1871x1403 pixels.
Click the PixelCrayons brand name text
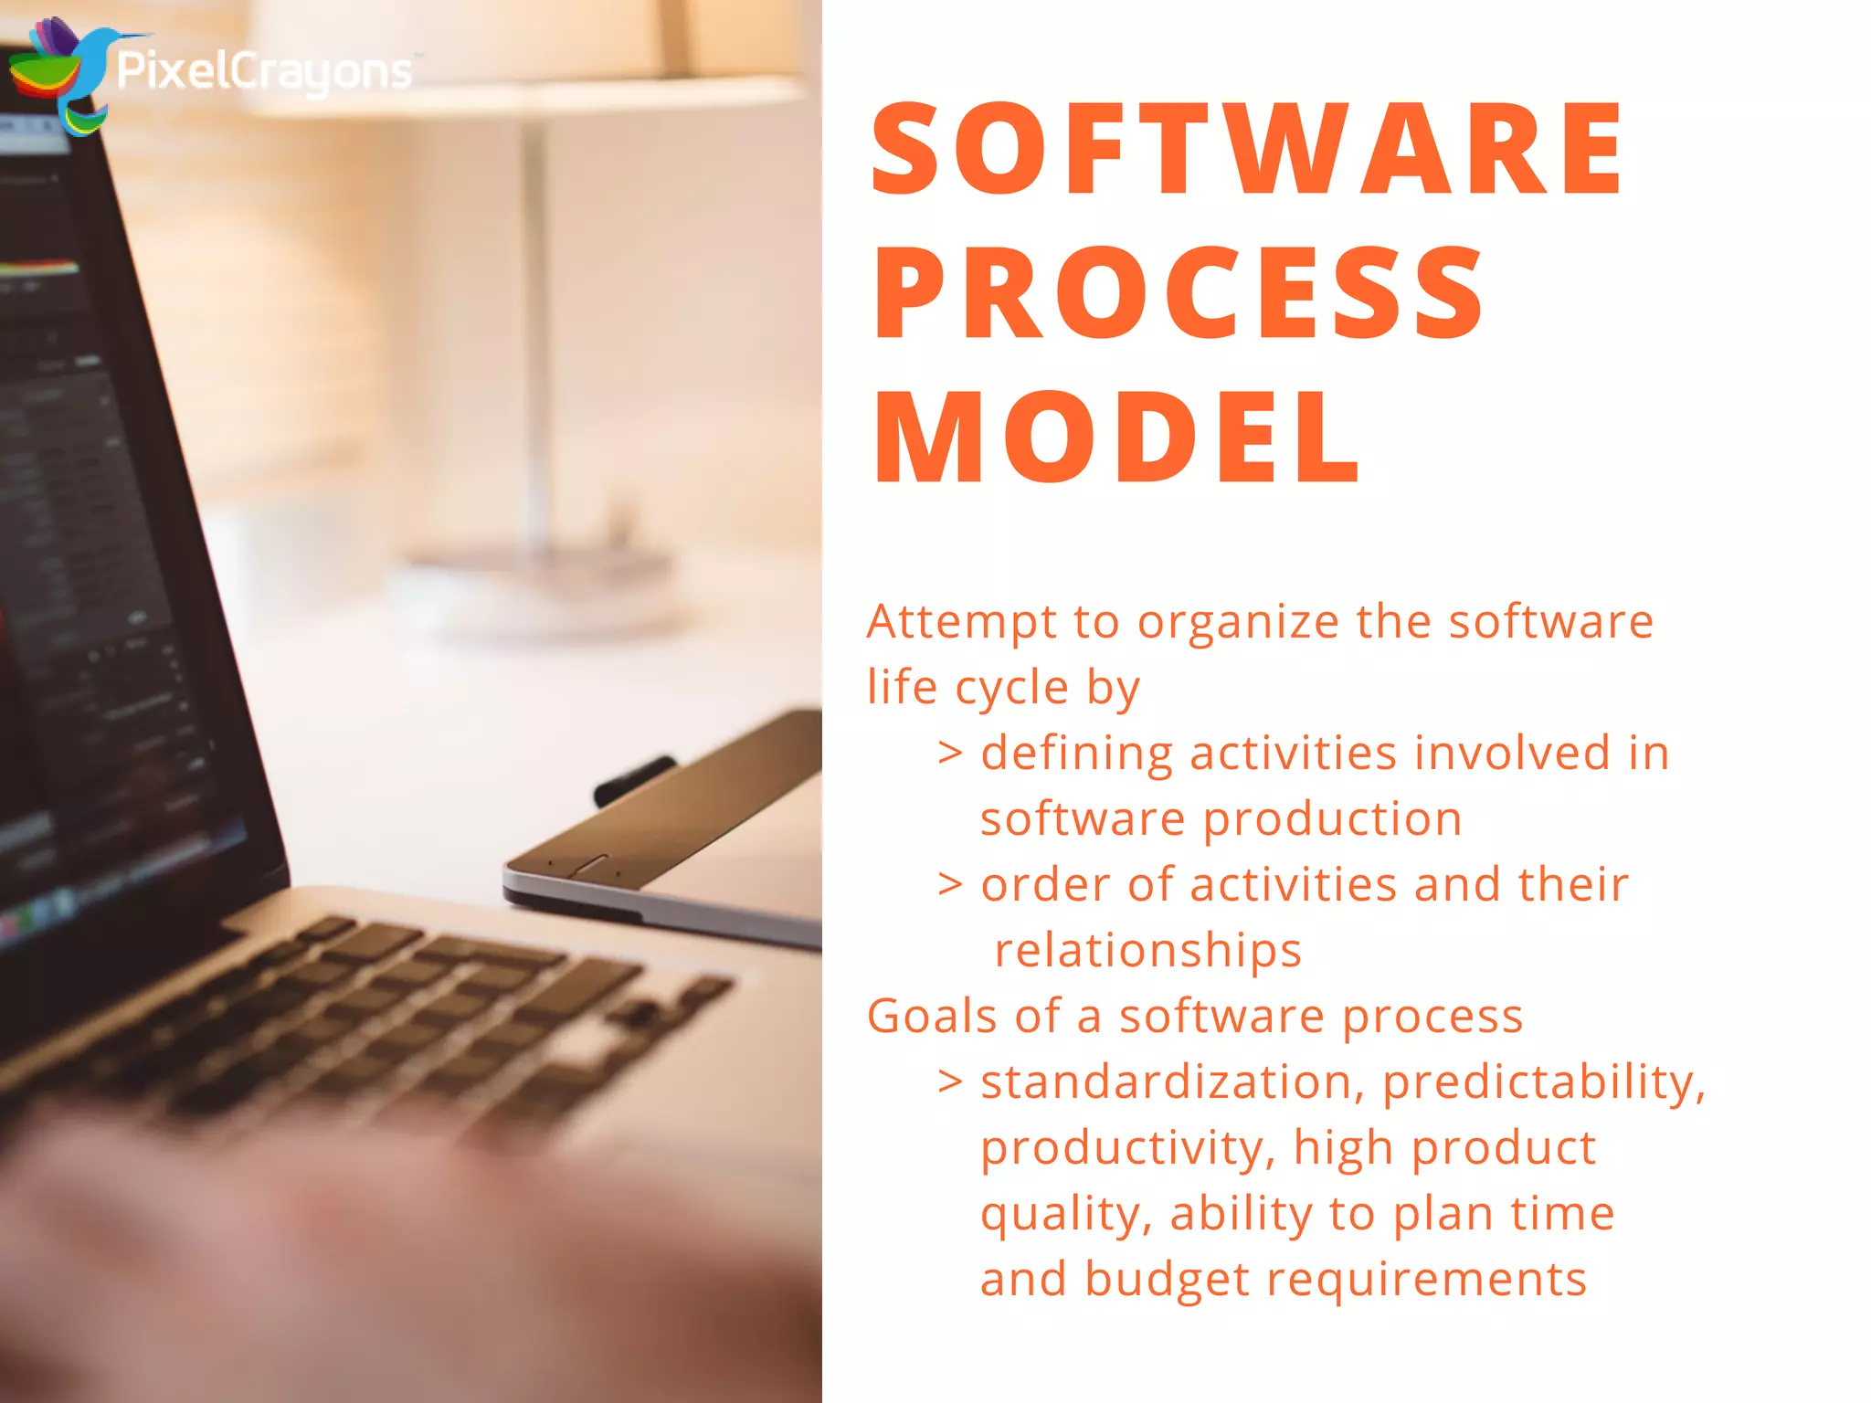(265, 72)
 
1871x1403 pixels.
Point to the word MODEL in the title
(1116, 437)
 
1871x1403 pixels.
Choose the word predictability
(1543, 1083)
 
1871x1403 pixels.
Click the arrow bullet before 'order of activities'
(950, 885)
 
